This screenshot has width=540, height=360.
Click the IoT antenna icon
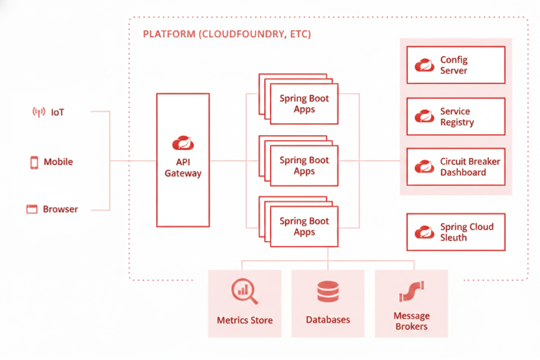click(39, 112)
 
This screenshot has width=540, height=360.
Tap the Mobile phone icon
click(34, 162)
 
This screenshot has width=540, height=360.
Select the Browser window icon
click(32, 209)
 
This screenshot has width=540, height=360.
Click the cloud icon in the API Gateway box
click(183, 142)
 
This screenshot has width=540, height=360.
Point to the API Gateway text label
click(183, 168)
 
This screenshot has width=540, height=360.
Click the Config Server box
click(456, 65)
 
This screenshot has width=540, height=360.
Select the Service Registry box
click(456, 116)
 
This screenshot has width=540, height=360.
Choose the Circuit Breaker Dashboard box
click(456, 167)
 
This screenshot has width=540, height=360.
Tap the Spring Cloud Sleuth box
click(456, 232)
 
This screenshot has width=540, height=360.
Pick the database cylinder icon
click(328, 291)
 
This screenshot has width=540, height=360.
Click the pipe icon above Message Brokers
click(411, 291)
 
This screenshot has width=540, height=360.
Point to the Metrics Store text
click(244, 321)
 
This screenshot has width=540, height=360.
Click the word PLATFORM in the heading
click(169, 34)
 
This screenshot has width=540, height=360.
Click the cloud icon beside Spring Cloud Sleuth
click(424, 232)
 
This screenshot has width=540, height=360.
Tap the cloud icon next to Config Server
click(424, 65)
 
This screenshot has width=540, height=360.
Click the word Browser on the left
click(60, 209)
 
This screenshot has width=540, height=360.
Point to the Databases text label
click(328, 320)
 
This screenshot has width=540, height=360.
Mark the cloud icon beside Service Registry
click(424, 116)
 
